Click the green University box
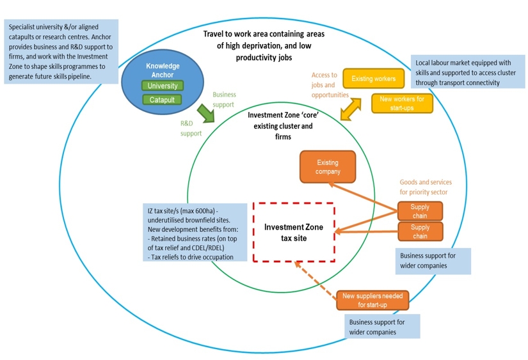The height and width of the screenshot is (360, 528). click(x=162, y=86)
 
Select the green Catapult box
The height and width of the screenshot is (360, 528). click(x=162, y=100)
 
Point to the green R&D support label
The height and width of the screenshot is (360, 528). click(x=191, y=129)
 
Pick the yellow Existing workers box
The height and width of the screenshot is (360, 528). click(x=374, y=79)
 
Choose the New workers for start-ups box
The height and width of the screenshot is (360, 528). click(x=402, y=103)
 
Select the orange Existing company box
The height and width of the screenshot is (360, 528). click(x=328, y=167)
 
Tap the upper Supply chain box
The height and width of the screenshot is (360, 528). click(x=420, y=211)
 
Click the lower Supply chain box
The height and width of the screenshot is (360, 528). click(x=420, y=231)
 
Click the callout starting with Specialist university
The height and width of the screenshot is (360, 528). click(x=61, y=52)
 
